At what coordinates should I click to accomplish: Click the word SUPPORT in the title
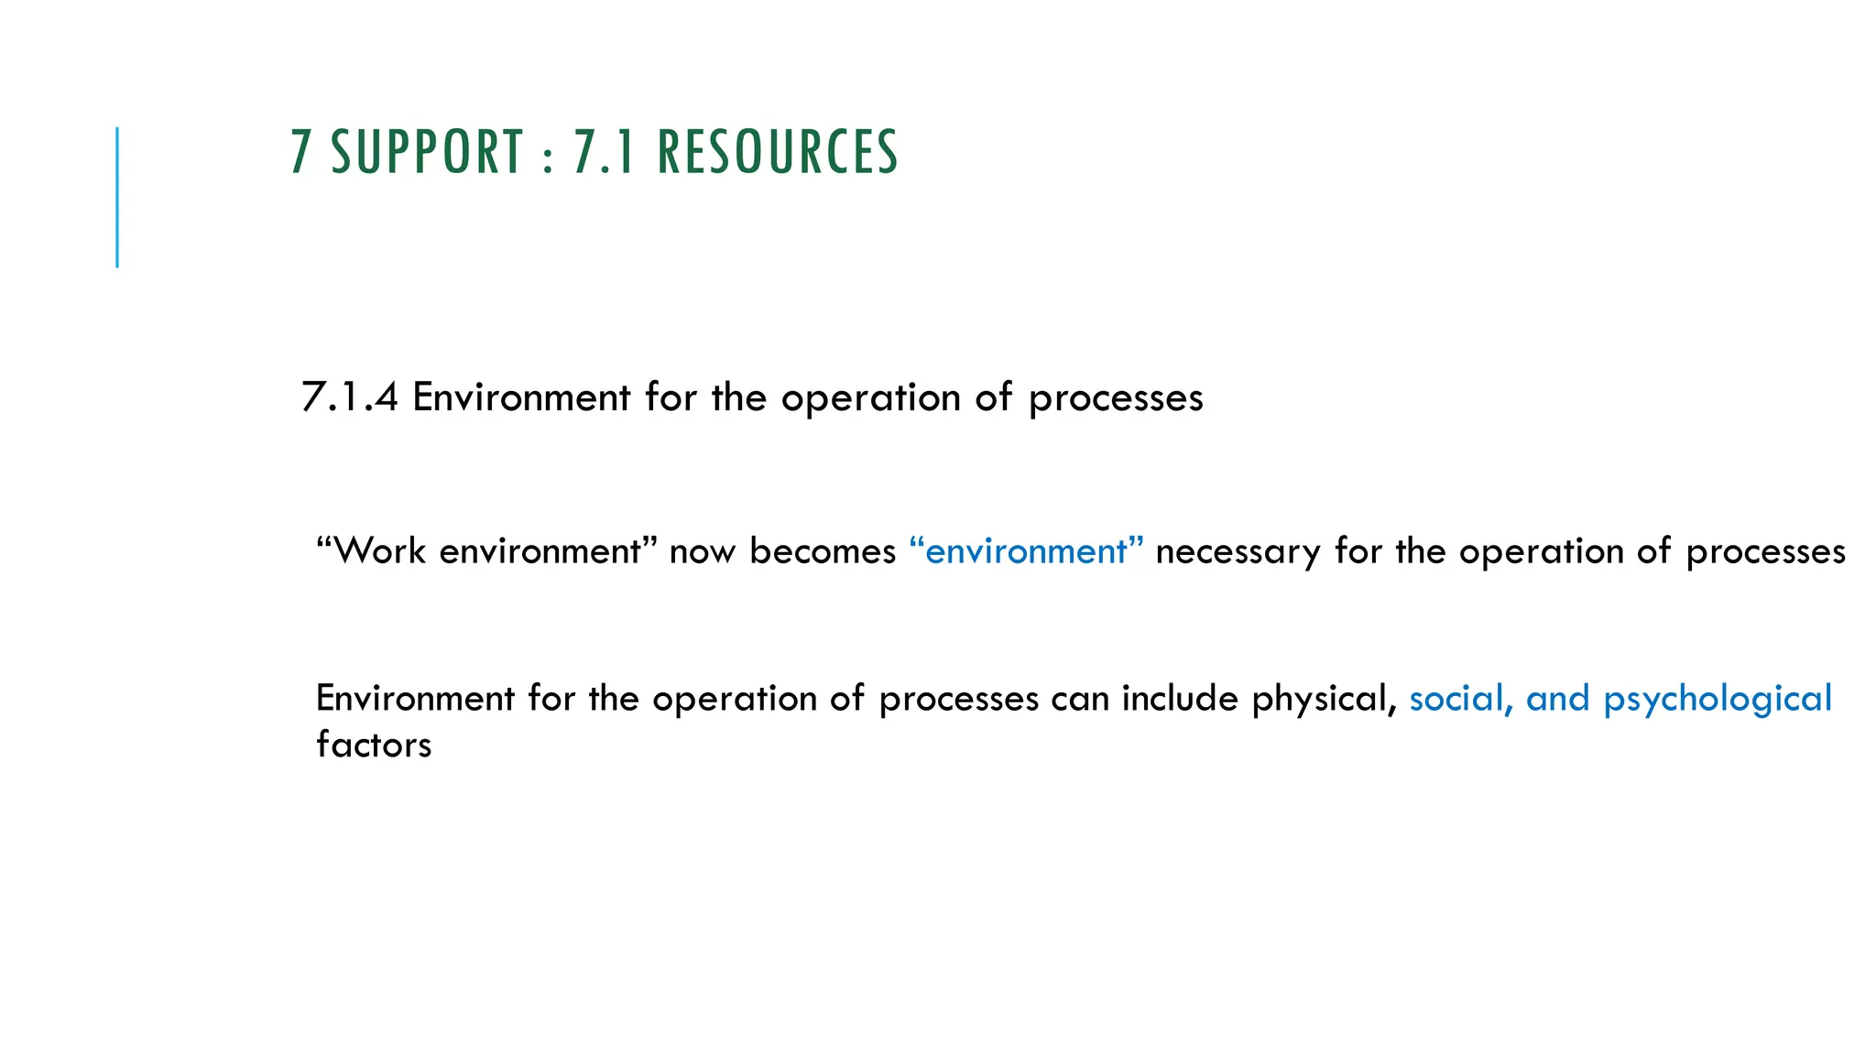click(x=427, y=152)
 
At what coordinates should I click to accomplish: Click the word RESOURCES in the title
click(x=778, y=152)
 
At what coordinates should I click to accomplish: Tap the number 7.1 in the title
click(x=604, y=152)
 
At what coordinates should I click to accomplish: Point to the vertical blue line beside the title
click(x=117, y=197)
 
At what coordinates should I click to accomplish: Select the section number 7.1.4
click(x=349, y=397)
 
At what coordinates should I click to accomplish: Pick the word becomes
click(x=823, y=551)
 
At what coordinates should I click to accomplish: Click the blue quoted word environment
click(x=1026, y=551)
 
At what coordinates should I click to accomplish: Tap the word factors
click(x=374, y=745)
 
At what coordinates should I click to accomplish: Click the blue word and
click(x=1557, y=699)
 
